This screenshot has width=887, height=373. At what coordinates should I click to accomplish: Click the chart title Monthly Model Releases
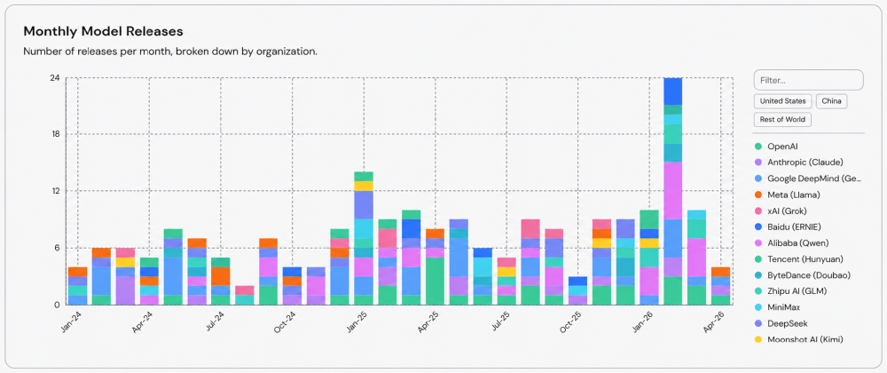(103, 30)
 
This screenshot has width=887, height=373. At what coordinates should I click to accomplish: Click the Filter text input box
(808, 81)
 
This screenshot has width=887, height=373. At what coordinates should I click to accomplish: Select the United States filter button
(783, 101)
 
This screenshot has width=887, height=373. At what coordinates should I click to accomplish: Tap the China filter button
(832, 101)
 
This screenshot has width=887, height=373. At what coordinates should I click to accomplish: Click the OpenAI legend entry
(779, 146)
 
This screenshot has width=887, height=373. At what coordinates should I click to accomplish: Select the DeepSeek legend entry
(781, 324)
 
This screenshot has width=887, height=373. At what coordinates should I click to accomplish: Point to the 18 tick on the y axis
(56, 134)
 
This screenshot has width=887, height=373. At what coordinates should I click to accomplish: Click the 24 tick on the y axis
(55, 77)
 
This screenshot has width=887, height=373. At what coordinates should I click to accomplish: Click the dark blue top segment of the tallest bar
(672, 91)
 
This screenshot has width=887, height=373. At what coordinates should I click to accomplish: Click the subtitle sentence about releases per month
(170, 52)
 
